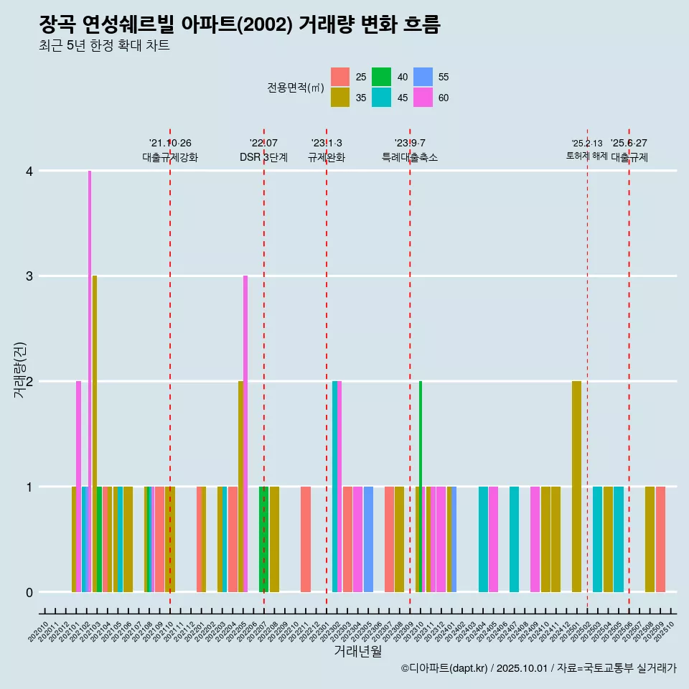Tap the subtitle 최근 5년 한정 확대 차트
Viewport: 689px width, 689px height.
point(104,47)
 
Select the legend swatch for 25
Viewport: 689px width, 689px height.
point(340,77)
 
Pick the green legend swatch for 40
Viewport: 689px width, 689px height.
point(381,77)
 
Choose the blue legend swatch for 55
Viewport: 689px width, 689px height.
point(423,77)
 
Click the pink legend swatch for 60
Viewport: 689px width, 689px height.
point(423,98)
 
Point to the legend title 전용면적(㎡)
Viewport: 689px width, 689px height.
point(295,88)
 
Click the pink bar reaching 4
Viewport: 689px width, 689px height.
point(90,380)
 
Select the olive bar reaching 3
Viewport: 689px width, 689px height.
point(95,433)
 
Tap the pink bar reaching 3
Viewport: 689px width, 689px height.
point(245,433)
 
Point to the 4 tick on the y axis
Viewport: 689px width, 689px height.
point(29,171)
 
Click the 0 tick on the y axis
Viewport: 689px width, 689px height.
point(29,592)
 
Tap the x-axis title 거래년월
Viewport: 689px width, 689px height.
point(357,651)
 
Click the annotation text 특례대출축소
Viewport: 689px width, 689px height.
point(409,157)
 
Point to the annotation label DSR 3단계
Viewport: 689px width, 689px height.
point(263,157)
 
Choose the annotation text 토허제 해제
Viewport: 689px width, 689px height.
point(586,156)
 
